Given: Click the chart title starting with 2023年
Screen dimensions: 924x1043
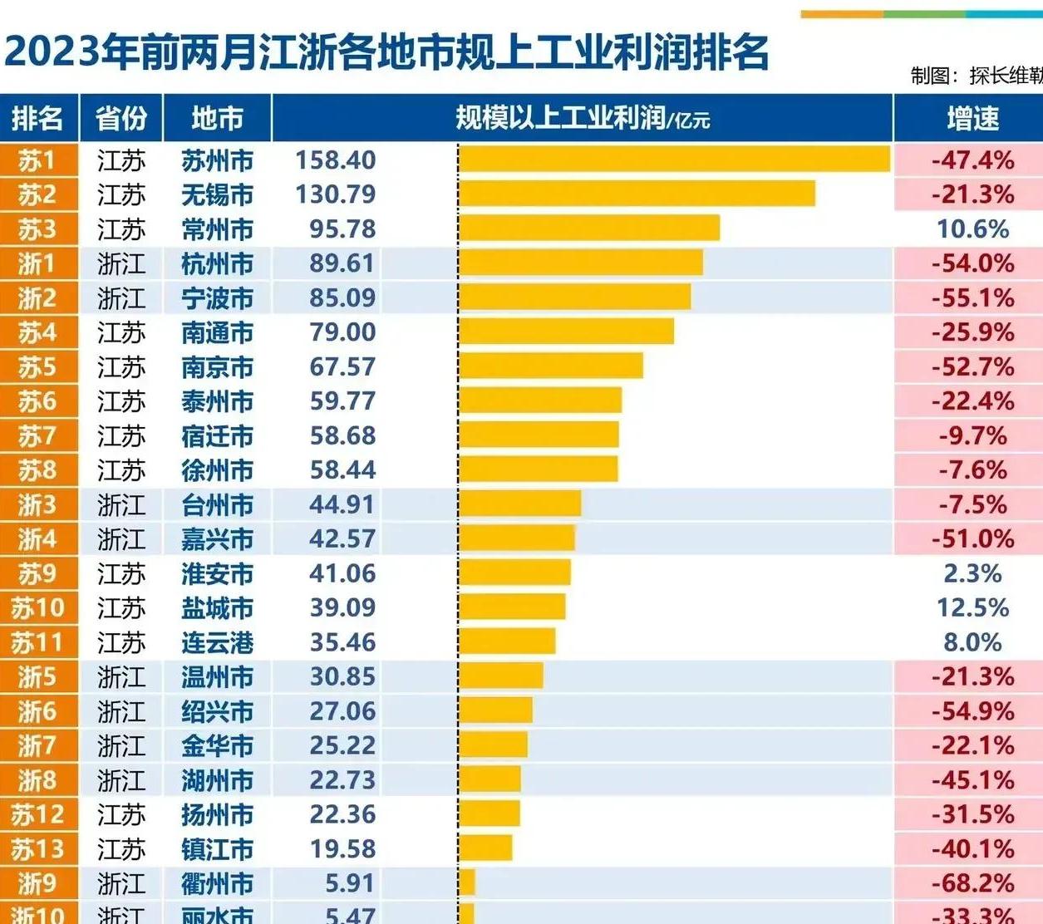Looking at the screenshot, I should point(386,52).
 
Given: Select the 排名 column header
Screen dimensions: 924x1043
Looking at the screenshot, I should point(37,119).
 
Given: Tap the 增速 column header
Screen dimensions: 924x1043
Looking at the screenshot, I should point(972,119).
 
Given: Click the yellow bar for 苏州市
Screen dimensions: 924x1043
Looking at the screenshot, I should point(674,160).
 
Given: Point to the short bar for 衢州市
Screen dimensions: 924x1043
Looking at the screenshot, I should point(466,882).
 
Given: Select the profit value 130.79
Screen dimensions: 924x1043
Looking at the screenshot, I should point(336,194).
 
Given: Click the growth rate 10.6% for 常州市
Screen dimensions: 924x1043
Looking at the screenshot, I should point(972,229).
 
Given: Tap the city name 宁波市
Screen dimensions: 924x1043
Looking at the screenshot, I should point(217,298).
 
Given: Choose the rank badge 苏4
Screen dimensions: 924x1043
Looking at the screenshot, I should point(37,332).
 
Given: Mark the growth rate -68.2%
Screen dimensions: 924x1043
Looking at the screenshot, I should point(972,883).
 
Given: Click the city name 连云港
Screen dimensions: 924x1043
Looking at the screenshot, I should point(217,642).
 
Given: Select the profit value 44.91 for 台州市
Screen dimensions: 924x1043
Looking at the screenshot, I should point(342,504).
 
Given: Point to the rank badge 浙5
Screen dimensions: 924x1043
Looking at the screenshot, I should point(37,677).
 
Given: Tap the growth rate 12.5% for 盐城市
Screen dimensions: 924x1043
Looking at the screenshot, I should point(972,607).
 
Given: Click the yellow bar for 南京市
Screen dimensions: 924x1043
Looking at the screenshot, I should point(550,366).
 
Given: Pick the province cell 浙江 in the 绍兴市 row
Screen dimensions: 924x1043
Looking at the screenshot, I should point(121,711).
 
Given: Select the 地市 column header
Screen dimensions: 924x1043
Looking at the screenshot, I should point(217,119).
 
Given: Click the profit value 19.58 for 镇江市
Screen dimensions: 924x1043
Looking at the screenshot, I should point(342,849).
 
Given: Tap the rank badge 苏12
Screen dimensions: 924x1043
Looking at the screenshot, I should point(37,815).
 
